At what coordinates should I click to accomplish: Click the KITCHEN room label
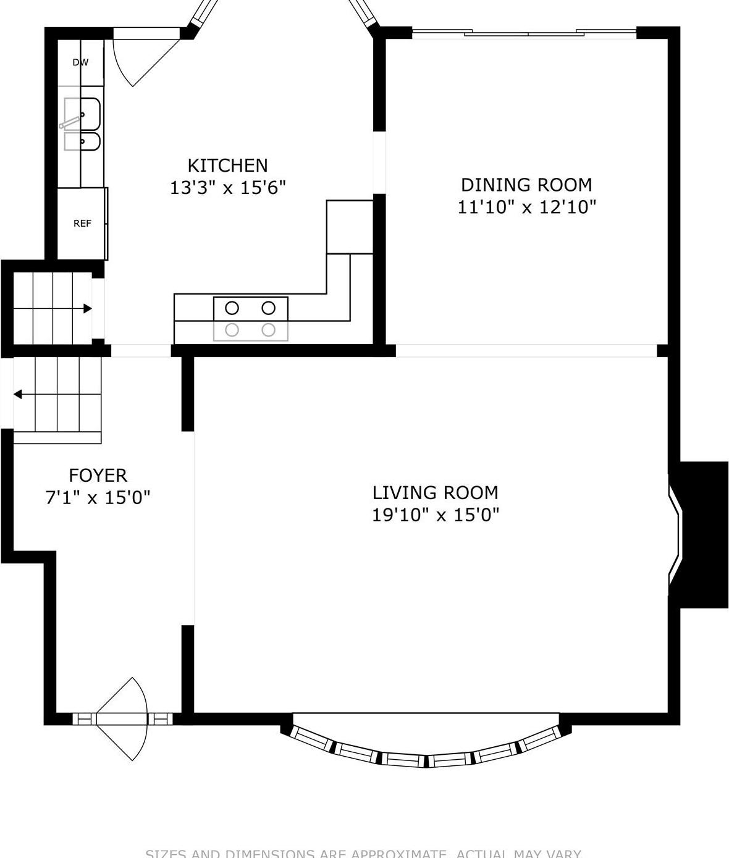pos(227,166)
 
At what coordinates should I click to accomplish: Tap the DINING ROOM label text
pos(526,185)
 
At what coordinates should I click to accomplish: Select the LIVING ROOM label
pos(435,492)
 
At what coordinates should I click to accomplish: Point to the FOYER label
pos(98,475)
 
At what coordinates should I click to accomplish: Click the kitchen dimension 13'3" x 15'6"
pos(227,188)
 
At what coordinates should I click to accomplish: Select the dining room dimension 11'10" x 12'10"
pos(526,207)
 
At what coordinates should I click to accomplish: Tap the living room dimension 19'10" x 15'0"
pos(435,515)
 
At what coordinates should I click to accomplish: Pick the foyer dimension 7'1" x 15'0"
pos(98,497)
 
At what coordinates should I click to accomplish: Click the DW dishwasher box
pos(80,62)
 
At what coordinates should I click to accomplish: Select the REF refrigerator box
pos(82,224)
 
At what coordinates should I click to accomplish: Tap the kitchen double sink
pos(82,124)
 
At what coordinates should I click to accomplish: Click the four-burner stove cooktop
pos(250,319)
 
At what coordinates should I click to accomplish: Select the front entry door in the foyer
pos(124,718)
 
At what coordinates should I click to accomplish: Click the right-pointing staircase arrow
pos(87,308)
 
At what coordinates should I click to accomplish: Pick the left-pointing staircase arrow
pos(19,394)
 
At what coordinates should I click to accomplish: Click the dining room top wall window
pos(524,33)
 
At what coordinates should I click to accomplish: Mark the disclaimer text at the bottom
pos(363,853)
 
